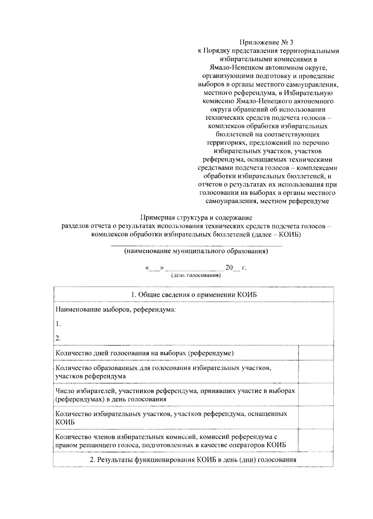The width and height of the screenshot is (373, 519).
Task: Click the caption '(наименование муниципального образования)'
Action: click(x=196, y=251)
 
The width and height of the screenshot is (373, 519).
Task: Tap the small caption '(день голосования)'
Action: click(x=196, y=275)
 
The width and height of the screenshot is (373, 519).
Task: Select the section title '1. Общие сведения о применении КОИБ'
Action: click(x=194, y=295)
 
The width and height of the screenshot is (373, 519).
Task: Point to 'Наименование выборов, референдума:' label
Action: click(x=116, y=309)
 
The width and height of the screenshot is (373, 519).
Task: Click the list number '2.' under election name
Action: click(x=58, y=338)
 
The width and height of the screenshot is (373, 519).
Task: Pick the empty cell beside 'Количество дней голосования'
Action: click(x=316, y=353)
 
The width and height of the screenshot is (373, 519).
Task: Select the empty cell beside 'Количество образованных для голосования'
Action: click(x=316, y=372)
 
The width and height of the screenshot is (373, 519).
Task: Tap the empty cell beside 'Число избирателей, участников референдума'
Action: click(x=316, y=395)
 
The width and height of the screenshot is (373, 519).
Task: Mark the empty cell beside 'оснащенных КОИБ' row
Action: click(x=316, y=417)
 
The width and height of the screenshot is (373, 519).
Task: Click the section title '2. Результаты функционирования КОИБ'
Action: click(x=193, y=460)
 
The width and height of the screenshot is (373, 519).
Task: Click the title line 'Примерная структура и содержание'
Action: click(x=196, y=218)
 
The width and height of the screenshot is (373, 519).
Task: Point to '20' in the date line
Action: click(x=229, y=268)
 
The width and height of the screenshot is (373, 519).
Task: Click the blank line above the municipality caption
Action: click(x=196, y=246)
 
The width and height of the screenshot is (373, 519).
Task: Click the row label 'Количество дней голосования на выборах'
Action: click(x=145, y=353)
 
